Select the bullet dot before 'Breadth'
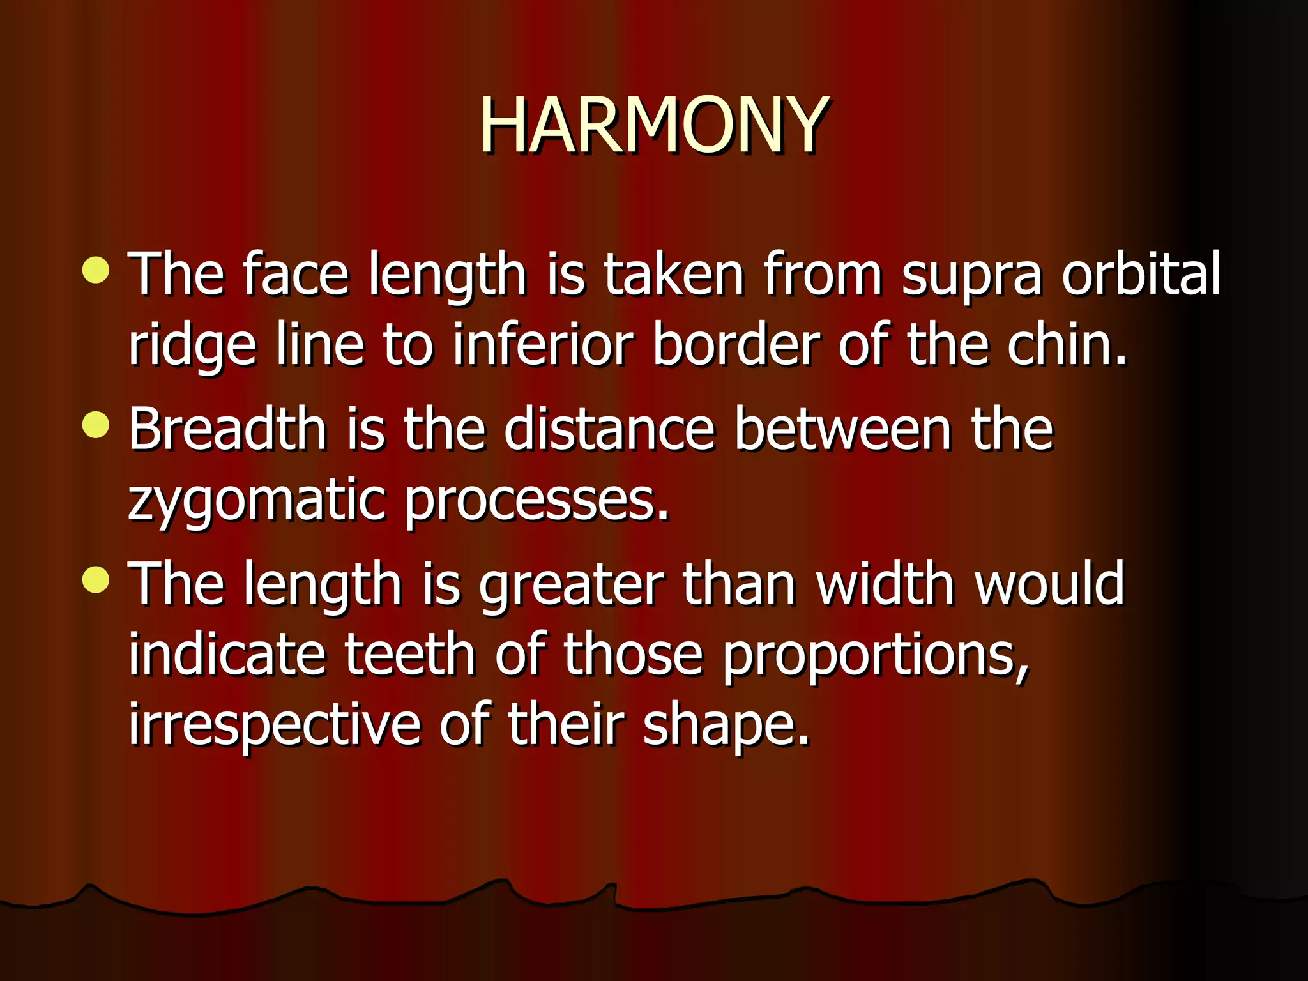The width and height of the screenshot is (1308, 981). point(96,425)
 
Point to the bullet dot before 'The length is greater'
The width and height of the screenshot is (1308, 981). point(96,580)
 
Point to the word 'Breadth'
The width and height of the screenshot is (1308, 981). point(227,429)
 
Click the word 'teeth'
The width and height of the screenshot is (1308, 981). point(409,654)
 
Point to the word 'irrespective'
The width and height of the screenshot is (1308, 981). point(275,726)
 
